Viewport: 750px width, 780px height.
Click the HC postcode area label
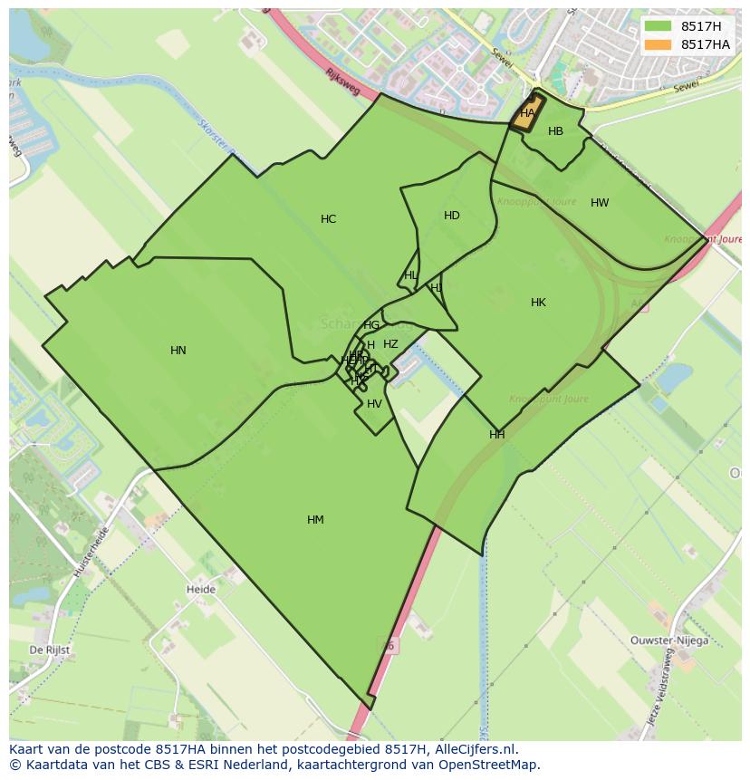pyautogui.click(x=328, y=219)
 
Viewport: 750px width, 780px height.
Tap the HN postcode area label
pyautogui.click(x=178, y=351)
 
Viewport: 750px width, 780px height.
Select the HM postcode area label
pyautogui.click(x=315, y=520)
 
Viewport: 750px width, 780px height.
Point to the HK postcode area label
pyautogui.click(x=538, y=303)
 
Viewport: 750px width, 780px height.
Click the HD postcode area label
pyautogui.click(x=452, y=216)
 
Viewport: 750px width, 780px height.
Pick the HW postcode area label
pyautogui.click(x=600, y=203)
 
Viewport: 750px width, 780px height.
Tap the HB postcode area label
pyautogui.click(x=555, y=131)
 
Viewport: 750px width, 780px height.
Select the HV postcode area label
pyautogui.click(x=374, y=404)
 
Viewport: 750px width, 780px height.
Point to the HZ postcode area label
pyautogui.click(x=390, y=344)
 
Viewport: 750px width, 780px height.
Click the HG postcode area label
pyautogui.click(x=371, y=325)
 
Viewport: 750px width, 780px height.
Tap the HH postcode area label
pyautogui.click(x=496, y=435)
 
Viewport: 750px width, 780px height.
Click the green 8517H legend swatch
pyautogui.click(x=659, y=26)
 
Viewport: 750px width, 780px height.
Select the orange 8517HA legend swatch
pyautogui.click(x=659, y=44)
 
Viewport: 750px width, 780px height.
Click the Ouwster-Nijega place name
pyautogui.click(x=669, y=640)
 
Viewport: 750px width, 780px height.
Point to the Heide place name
pyautogui.click(x=201, y=590)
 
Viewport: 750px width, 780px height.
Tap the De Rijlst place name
pyautogui.click(x=49, y=650)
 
